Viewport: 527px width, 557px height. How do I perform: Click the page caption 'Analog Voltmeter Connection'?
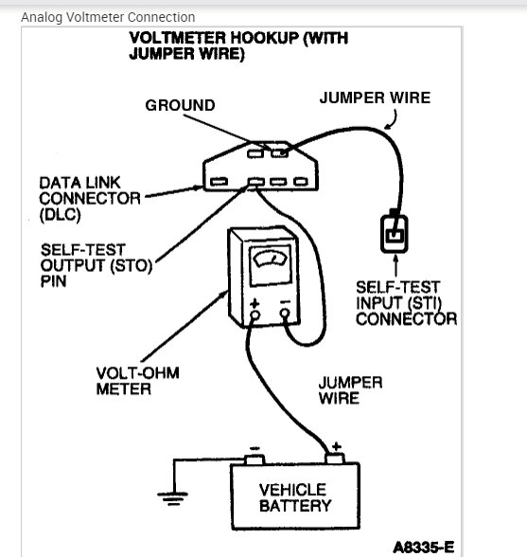pos(108,17)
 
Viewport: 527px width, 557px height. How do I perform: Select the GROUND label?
pos(180,104)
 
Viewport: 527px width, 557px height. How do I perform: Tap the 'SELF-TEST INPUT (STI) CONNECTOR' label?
pos(406,302)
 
